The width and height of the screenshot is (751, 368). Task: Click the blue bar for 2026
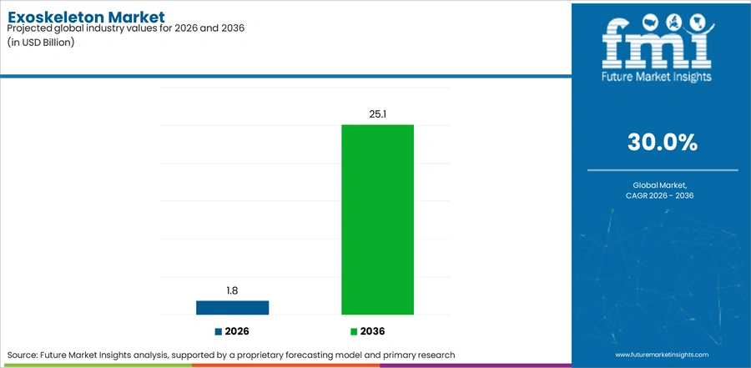tap(232, 308)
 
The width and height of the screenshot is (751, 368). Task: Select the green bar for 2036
tap(377, 219)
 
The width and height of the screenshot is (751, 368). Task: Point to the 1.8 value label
tap(232, 291)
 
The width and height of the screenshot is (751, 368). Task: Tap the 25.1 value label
tap(377, 114)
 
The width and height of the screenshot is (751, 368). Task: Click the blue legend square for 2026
tap(219, 331)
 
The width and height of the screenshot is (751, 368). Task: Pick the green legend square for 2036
tap(354, 331)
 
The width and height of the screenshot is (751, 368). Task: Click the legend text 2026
tap(237, 331)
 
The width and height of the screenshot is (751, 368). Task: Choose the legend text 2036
tap(373, 331)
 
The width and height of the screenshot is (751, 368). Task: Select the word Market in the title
tap(137, 18)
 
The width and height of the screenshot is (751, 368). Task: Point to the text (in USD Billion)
tap(41, 43)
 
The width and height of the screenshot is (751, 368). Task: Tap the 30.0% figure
tap(663, 143)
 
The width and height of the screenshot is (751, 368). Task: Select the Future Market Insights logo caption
tap(657, 76)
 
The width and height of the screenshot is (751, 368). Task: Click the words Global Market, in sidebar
tap(663, 185)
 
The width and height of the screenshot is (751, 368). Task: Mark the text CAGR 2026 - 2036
tap(663, 195)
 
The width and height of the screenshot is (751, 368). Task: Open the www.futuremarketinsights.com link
tap(662, 355)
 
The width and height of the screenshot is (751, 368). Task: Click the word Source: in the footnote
tap(23, 355)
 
